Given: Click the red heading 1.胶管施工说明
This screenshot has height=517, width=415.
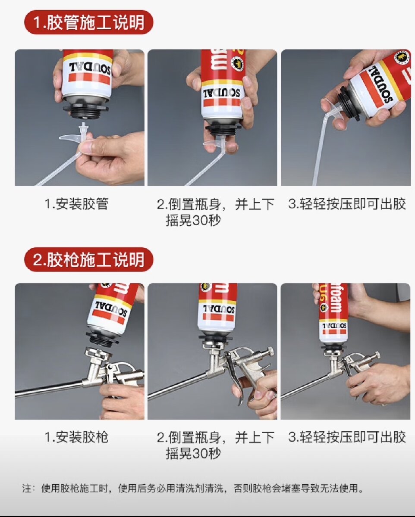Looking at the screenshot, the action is pos(88,22).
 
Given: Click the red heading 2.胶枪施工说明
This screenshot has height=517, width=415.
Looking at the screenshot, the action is pos(88,260).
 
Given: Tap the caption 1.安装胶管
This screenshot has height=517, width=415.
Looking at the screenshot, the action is pos(76,204).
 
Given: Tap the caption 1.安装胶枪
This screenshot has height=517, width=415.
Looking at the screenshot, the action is pos(76,437).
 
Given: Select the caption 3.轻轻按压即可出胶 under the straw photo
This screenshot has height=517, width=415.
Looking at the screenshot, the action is pos(347,204).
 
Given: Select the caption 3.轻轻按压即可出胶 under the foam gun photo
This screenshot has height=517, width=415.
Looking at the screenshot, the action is pos(347,437).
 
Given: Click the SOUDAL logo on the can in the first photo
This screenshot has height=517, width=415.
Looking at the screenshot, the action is pos(90,69).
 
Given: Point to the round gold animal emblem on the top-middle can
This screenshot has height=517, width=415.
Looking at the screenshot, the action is pos(238,64).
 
